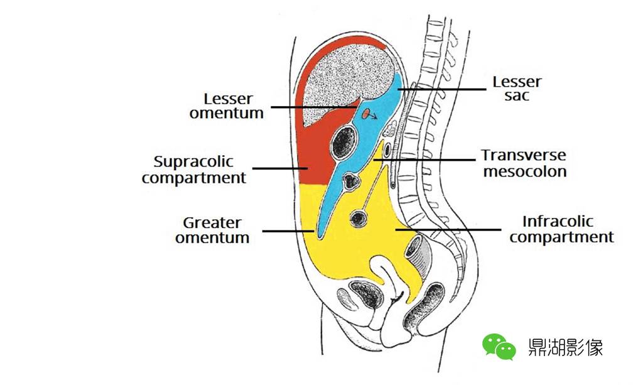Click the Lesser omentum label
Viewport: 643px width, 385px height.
click(x=226, y=106)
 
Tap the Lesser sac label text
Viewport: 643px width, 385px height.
click(x=517, y=89)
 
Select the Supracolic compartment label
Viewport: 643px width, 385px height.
click(x=193, y=170)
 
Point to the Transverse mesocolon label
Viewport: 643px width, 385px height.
click(x=524, y=163)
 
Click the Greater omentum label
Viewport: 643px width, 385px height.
click(x=212, y=230)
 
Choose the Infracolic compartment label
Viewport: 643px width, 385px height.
click(x=561, y=229)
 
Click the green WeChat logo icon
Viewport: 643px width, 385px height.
click(x=499, y=347)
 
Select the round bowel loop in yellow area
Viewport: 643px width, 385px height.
click(x=359, y=219)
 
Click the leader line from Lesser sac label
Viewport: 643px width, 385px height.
click(x=441, y=89)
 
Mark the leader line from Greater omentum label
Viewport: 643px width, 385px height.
click(x=288, y=231)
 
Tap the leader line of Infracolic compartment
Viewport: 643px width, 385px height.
click(x=448, y=230)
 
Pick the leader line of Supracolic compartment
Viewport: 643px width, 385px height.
click(x=280, y=168)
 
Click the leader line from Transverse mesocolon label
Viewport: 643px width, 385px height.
click(x=424, y=160)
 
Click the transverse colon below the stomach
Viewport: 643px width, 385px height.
click(x=350, y=182)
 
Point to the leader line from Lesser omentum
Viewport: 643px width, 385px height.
click(x=315, y=107)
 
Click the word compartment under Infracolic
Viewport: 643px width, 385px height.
click(x=561, y=237)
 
